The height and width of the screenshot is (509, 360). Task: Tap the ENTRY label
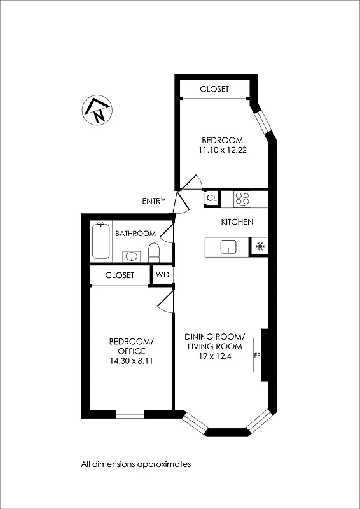153,201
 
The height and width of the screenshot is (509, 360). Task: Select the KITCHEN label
237,222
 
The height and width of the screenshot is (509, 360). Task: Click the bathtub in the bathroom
101,241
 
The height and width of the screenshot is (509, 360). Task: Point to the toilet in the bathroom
153,251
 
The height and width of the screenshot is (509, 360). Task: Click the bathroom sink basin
132,256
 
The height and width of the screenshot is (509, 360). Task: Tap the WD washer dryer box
162,275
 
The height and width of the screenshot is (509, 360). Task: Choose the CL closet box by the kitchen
211,199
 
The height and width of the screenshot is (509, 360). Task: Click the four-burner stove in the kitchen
242,199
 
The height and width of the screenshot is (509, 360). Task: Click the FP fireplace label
258,355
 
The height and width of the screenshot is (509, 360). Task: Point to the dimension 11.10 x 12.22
222,150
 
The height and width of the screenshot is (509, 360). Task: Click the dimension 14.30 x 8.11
132,361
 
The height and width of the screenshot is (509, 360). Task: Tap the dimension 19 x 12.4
214,356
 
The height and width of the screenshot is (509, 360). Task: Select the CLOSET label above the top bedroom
214,90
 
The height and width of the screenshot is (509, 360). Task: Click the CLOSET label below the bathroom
120,275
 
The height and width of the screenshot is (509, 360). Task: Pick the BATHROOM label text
135,234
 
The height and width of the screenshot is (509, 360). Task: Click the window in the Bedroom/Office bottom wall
130,414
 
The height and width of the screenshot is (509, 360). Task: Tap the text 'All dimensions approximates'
135,464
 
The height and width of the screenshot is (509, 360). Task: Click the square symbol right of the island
260,246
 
